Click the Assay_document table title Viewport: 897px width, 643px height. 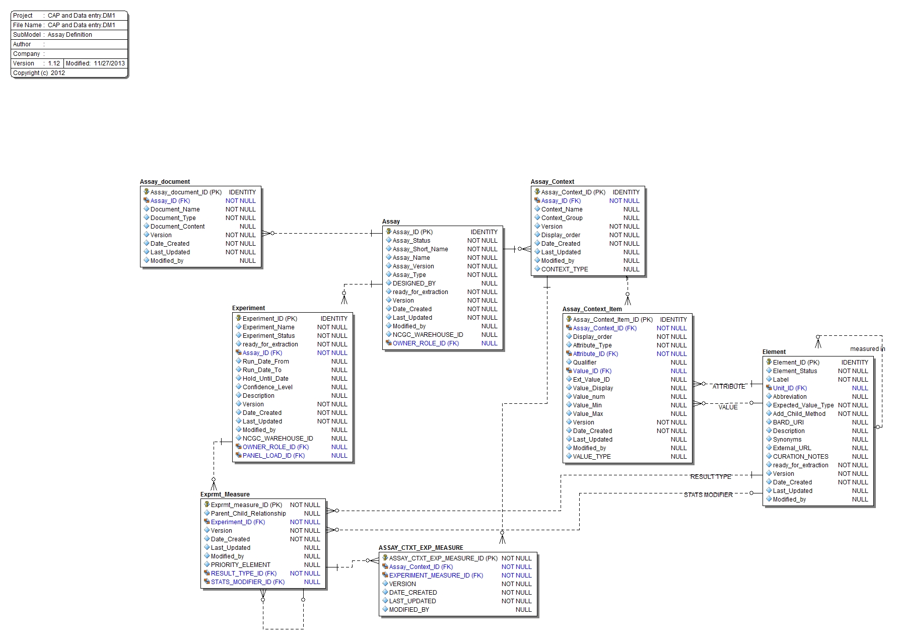[165, 182]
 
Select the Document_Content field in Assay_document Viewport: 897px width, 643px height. [177, 227]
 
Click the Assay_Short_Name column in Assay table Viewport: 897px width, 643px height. [420, 249]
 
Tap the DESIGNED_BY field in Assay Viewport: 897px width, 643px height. [414, 283]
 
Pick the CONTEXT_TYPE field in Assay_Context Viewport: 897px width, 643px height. [564, 269]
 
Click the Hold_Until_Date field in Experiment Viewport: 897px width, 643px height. [265, 379]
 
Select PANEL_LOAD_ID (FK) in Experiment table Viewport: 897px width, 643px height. [273, 456]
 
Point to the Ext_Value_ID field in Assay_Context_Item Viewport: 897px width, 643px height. [591, 380]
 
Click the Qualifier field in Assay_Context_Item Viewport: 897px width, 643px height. [584, 363]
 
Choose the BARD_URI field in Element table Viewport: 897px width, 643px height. [788, 422]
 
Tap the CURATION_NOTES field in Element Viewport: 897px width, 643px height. [800, 457]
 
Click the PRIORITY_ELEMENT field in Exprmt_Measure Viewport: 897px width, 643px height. [240, 565]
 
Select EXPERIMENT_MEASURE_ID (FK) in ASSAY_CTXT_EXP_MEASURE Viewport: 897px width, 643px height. [436, 576]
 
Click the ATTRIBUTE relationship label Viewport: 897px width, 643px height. [728, 387]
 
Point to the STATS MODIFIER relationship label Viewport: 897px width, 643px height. [708, 495]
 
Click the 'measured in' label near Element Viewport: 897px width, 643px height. [867, 349]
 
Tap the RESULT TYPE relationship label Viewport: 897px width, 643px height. [710, 477]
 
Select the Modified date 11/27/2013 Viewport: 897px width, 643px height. [109, 63]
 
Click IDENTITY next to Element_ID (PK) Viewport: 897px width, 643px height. [854, 363]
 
